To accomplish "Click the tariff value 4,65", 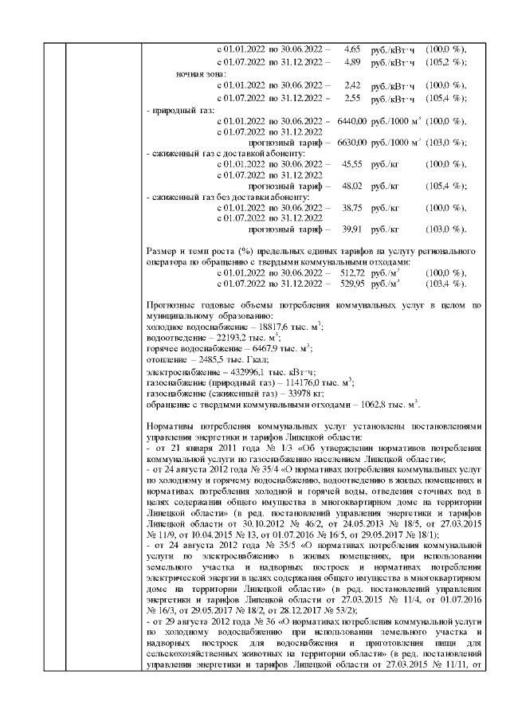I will click(x=353, y=49).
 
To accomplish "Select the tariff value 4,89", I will click(x=353, y=62).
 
